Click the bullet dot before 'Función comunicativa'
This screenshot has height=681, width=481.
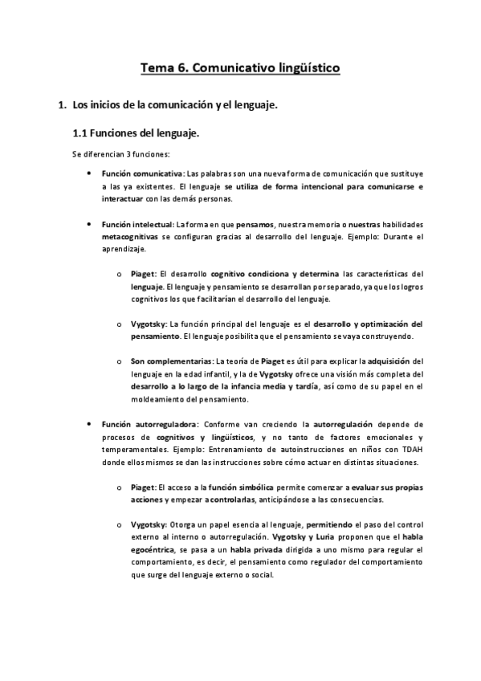[88, 173]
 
